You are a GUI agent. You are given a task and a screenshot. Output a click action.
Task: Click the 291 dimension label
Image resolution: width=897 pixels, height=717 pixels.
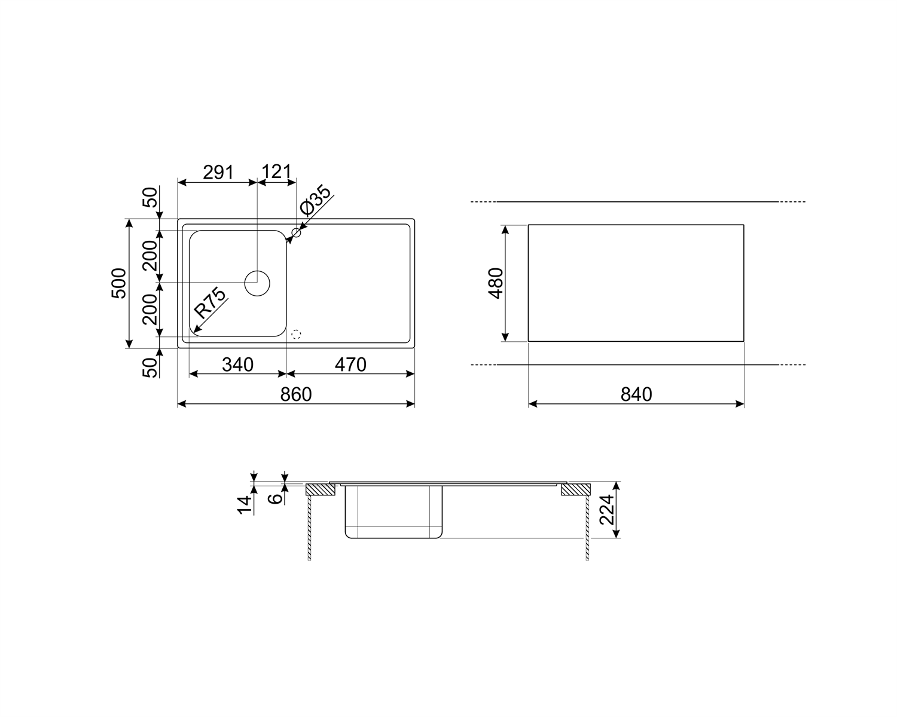tap(218, 172)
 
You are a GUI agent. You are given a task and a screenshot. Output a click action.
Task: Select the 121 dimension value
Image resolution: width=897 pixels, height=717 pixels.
tap(276, 171)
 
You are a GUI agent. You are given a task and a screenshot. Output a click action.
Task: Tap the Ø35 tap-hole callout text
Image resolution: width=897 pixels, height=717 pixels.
tap(316, 200)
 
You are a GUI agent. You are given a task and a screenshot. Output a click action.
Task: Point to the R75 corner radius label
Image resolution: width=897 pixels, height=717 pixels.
tap(210, 303)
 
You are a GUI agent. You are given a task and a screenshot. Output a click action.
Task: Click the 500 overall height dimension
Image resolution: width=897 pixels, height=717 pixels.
tap(119, 283)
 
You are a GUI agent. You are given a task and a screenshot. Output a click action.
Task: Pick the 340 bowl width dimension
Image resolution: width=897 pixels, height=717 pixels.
tap(237, 364)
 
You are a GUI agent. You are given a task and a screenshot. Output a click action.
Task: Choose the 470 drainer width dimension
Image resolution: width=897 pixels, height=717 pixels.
tap(350, 364)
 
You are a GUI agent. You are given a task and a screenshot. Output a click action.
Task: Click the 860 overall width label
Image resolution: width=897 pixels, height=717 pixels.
tap(296, 394)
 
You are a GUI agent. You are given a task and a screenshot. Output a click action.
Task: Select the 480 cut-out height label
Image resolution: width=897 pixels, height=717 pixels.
tap(496, 283)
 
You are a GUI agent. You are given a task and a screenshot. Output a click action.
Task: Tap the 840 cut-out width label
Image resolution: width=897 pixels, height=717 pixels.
tap(636, 394)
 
